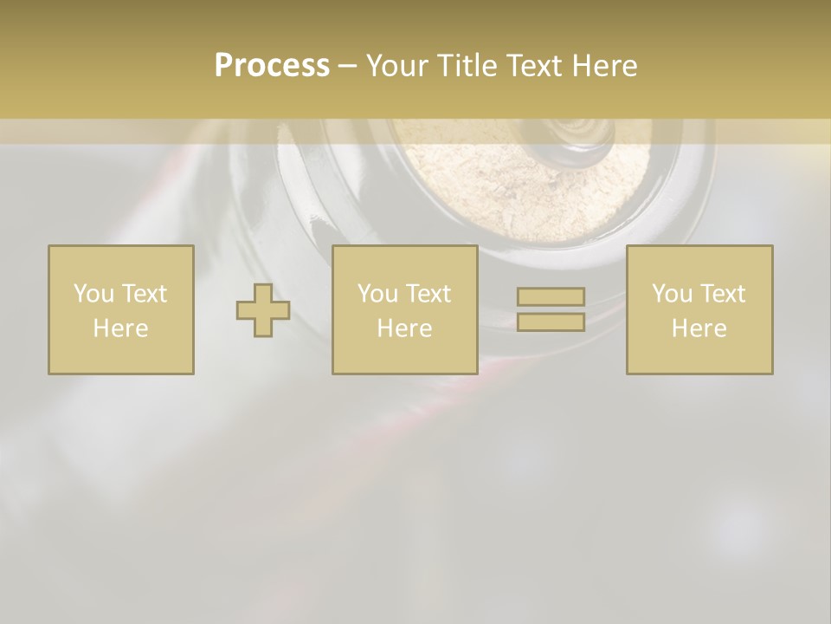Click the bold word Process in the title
tap(272, 66)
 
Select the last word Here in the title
tap(603, 66)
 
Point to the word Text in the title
tap(535, 66)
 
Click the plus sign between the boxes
tap(263, 310)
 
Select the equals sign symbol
tap(551, 309)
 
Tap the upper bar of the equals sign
tap(551, 297)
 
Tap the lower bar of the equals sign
tap(551, 322)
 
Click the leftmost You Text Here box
tap(121, 309)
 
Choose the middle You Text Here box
tap(404, 309)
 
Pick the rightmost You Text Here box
tap(699, 309)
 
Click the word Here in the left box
tap(121, 328)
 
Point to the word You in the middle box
tap(377, 294)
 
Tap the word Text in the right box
tap(723, 294)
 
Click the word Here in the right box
tap(699, 328)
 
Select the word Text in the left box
tap(145, 294)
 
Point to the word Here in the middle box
tap(404, 328)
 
